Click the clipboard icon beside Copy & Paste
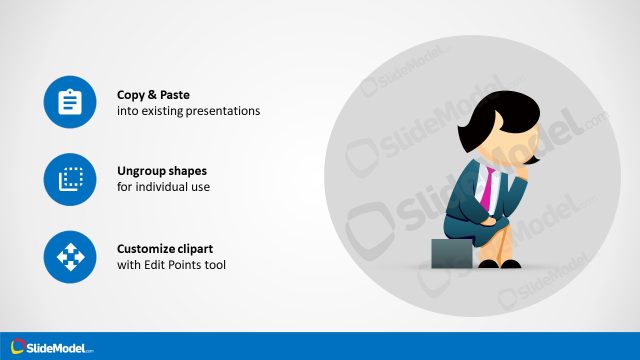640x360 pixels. click(x=70, y=102)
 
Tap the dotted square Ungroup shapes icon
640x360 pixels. click(x=70, y=179)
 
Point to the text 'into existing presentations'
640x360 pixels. click(x=188, y=111)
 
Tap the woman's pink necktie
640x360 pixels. click(x=487, y=186)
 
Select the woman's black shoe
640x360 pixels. click(x=511, y=264)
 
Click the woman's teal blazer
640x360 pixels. click(x=465, y=195)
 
